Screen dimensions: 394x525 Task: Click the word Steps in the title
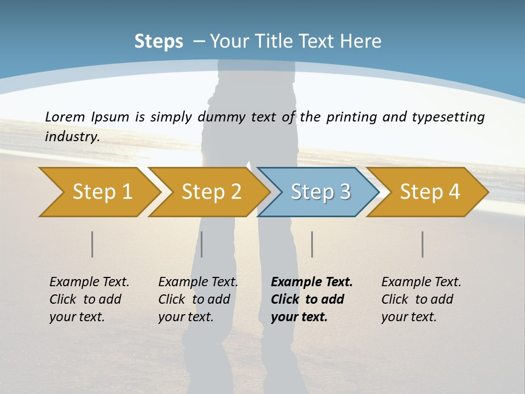[x=159, y=42]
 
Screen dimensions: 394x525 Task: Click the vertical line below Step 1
[x=92, y=244]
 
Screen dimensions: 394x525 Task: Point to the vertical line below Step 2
[x=202, y=244]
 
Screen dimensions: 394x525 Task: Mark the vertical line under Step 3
[x=312, y=244]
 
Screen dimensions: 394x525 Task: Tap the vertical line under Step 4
[x=423, y=244]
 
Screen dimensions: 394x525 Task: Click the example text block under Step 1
[x=89, y=299]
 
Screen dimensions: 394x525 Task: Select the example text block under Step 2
[x=198, y=299]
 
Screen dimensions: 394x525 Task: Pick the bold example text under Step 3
[x=312, y=299]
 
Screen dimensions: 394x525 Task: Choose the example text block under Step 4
[x=421, y=299]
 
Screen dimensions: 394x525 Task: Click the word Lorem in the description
[x=65, y=117]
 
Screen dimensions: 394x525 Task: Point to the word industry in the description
[x=72, y=136]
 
